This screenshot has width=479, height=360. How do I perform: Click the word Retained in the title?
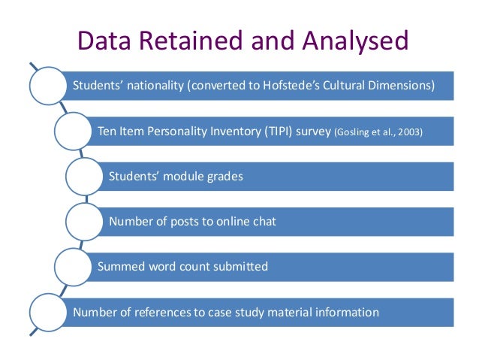point(185,39)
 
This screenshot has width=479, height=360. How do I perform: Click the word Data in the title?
point(107,39)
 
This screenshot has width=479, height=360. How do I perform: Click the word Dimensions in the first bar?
point(400,85)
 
